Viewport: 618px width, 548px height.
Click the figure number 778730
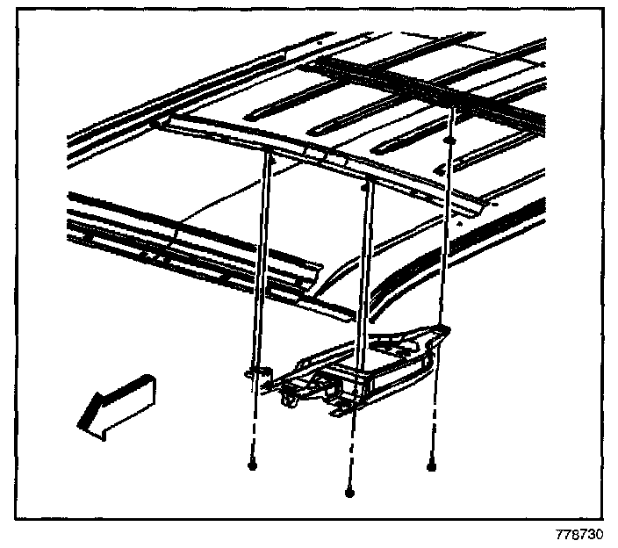click(x=578, y=534)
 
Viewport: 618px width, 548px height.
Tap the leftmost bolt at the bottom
click(x=252, y=467)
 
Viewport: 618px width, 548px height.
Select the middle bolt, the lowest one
click(x=349, y=494)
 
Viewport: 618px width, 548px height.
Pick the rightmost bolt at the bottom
click(x=431, y=467)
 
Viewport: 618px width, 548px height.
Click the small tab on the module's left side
click(x=255, y=374)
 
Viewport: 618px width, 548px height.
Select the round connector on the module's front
click(x=286, y=400)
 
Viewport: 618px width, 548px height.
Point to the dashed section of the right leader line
click(x=432, y=430)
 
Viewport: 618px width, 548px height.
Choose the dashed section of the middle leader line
click(x=351, y=452)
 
